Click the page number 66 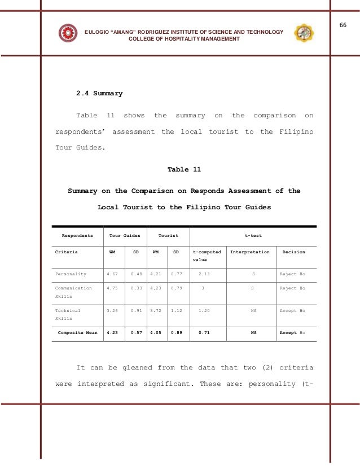click(x=343, y=25)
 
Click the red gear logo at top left click(x=68, y=33)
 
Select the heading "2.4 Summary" click(x=99, y=93)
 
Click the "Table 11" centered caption click(x=184, y=169)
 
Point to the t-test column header click(x=252, y=235)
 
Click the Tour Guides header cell click(x=125, y=235)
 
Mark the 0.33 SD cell click(x=136, y=288)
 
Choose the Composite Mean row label click(x=77, y=333)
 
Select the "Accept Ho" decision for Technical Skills click(x=292, y=311)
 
